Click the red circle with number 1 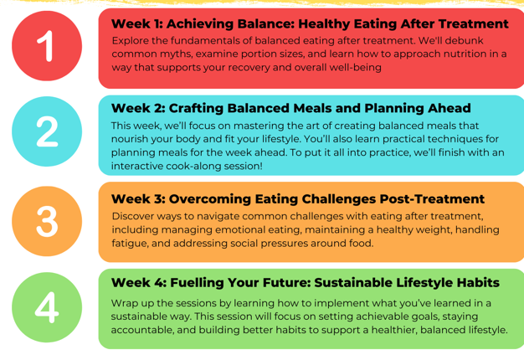47,46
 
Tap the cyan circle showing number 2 47,131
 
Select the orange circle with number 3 47,221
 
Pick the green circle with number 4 47,307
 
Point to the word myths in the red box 177,54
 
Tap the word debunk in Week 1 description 465,40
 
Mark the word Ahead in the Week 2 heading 450,108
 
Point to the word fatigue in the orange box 130,244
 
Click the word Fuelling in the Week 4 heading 196,283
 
